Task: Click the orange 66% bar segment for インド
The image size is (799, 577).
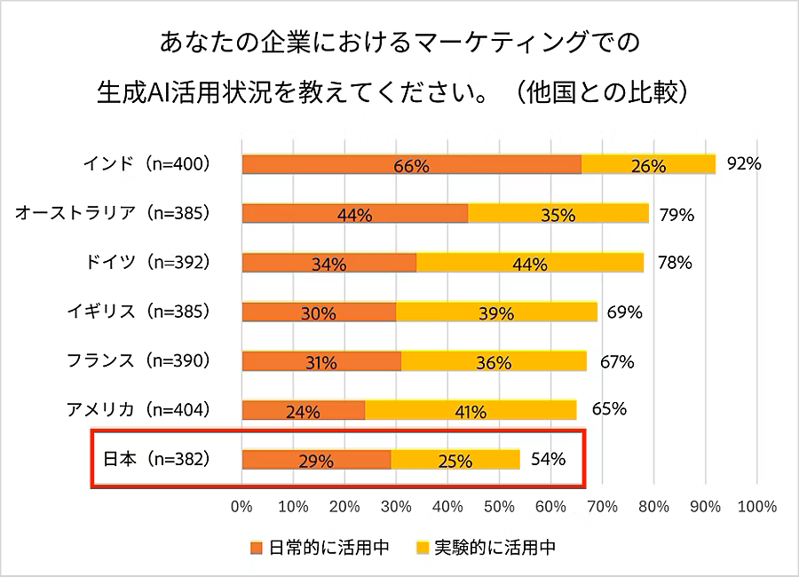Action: click(411, 165)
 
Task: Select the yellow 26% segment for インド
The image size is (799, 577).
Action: click(648, 165)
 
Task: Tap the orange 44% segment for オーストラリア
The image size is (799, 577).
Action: click(354, 214)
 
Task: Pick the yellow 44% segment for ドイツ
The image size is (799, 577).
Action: click(530, 263)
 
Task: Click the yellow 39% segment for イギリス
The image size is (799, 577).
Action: click(495, 312)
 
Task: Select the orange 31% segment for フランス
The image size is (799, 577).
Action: click(320, 361)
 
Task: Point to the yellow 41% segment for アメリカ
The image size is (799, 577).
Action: click(470, 410)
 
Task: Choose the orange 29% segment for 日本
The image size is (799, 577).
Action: click(315, 460)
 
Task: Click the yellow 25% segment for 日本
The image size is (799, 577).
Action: click(455, 460)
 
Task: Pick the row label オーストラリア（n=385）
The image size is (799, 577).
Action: click(112, 213)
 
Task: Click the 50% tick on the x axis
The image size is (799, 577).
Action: click(499, 507)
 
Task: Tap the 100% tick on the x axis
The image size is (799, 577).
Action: click(757, 507)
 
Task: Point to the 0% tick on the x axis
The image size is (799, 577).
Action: click(241, 507)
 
